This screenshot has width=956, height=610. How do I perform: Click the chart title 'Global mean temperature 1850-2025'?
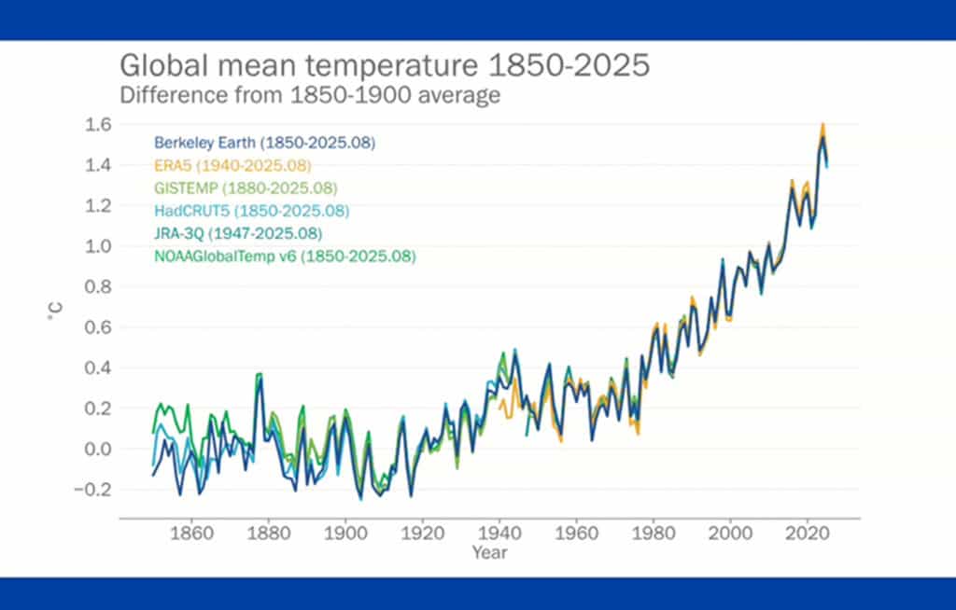point(383,68)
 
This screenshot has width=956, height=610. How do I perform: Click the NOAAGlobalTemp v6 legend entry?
point(285,256)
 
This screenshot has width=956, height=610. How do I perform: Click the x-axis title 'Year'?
point(489,552)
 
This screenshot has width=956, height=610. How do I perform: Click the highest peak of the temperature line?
point(822,125)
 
